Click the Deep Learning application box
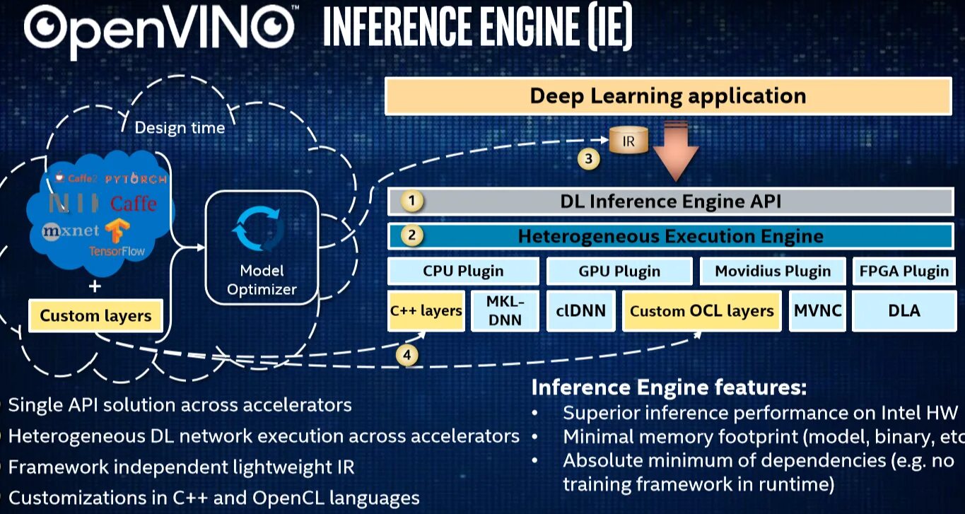(x=668, y=96)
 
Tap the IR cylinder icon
(x=628, y=141)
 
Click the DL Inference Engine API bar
(x=670, y=201)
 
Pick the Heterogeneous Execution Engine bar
(x=670, y=236)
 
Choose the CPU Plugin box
(x=463, y=271)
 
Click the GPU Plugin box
(x=619, y=271)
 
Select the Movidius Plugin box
(x=773, y=271)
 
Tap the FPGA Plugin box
(x=904, y=271)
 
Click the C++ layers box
(x=426, y=310)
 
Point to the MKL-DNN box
(x=504, y=310)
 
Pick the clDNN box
(x=580, y=310)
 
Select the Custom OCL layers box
(x=701, y=310)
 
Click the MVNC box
(x=817, y=310)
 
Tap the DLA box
(x=903, y=310)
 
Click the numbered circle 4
(x=407, y=355)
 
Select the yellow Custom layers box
(x=95, y=315)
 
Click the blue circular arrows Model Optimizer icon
(x=259, y=228)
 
